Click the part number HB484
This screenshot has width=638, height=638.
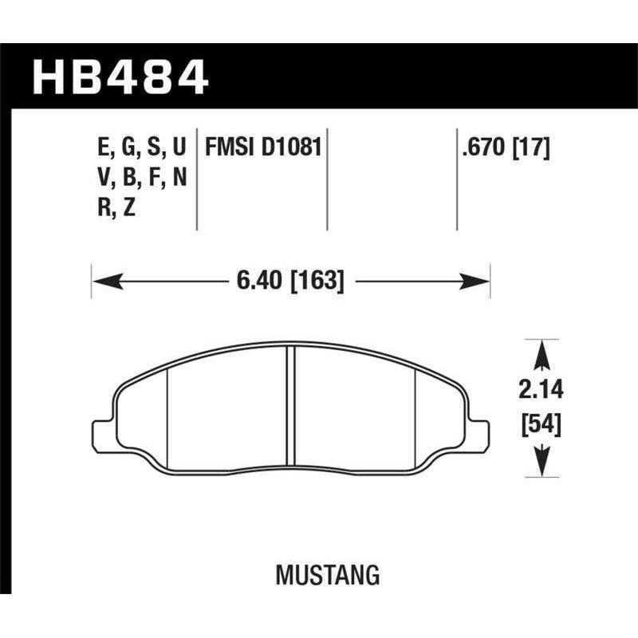tap(120, 78)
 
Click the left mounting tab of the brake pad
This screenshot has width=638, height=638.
tap(102, 432)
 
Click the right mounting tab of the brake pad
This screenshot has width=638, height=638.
tap(478, 432)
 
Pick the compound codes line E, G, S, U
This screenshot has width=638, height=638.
tap(140, 148)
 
